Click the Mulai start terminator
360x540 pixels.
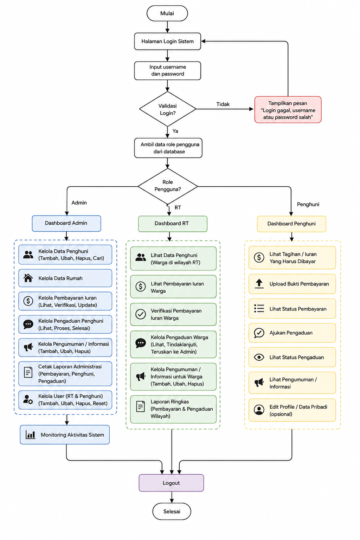[167, 13]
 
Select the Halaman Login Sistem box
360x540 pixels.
[168, 41]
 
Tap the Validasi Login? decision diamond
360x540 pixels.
[168, 109]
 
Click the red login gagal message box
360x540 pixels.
[288, 110]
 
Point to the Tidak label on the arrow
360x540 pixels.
[223, 104]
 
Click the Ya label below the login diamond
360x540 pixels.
[175, 131]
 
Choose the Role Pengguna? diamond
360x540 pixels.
[168, 186]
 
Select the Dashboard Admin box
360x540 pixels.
[66, 223]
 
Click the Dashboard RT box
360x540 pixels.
[173, 224]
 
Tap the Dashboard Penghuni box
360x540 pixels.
[291, 224]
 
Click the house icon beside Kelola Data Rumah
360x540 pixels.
[28, 278]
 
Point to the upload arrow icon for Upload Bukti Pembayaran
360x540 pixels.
[259, 284]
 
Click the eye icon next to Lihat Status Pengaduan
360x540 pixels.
[259, 357]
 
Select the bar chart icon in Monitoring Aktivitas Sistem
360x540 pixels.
[30, 435]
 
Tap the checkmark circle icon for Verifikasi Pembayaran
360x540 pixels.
[141, 314]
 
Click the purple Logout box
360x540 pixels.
[171, 483]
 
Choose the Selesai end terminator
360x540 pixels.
[172, 511]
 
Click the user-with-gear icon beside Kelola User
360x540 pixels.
[28, 399]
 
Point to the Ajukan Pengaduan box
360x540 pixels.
[292, 333]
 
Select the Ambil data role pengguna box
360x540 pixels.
[168, 148]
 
